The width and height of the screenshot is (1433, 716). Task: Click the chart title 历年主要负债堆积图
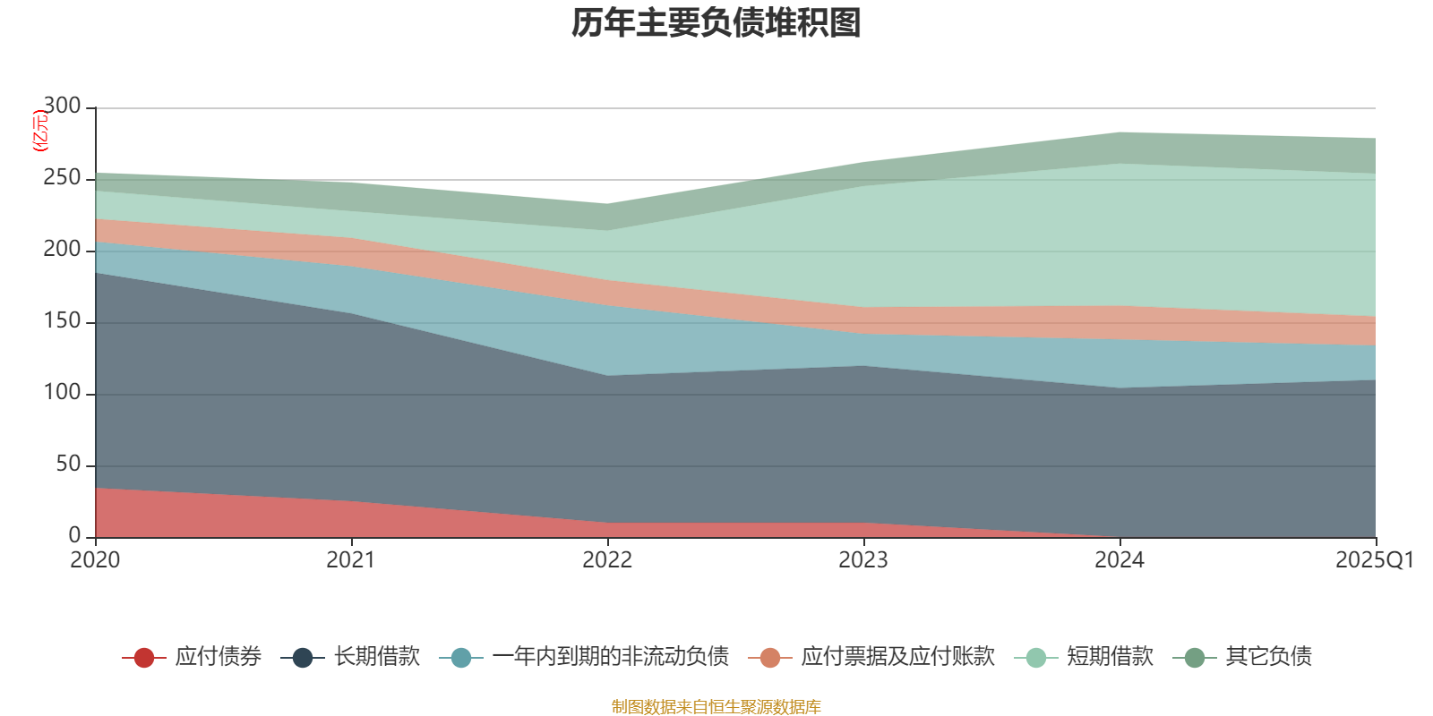tap(716, 23)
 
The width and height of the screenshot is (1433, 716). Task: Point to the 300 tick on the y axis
tap(62, 107)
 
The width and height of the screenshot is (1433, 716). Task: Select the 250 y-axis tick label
tap(62, 178)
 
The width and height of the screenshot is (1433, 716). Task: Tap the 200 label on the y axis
tap(62, 250)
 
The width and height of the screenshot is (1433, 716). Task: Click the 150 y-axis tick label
tap(62, 321)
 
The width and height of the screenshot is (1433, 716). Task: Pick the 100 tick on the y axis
tap(62, 393)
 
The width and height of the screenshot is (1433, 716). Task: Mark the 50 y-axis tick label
tap(68, 465)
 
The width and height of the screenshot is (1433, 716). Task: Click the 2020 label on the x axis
tap(95, 560)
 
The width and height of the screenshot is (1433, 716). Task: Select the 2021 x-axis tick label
tap(351, 560)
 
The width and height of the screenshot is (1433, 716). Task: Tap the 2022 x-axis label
tap(607, 560)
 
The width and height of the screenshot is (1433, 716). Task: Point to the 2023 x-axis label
tap(863, 560)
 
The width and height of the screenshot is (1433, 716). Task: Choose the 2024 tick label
tap(1120, 560)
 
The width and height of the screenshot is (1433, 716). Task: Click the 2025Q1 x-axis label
tap(1374, 560)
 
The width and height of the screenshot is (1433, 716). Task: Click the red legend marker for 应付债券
tap(144, 658)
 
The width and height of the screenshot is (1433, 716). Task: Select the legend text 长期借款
tap(377, 657)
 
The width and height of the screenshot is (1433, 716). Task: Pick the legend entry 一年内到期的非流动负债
tap(610, 657)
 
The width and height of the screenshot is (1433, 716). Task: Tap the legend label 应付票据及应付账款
tap(897, 657)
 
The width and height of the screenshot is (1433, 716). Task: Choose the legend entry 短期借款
tap(1110, 657)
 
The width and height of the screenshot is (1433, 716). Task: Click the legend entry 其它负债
tap(1268, 657)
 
